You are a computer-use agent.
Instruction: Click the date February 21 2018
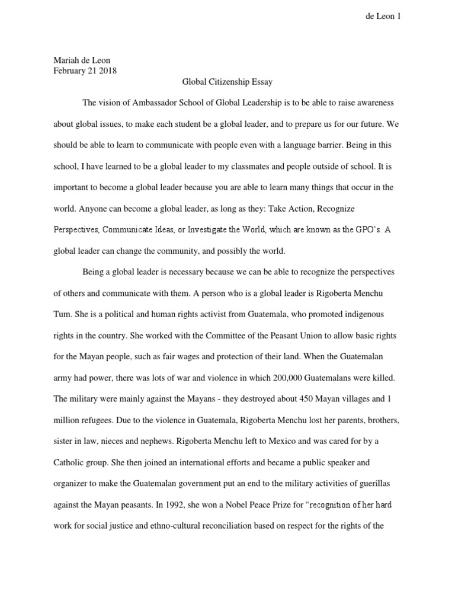pos(85,71)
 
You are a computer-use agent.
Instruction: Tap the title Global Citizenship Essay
pos(227,82)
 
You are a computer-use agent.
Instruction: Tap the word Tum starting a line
pos(62,315)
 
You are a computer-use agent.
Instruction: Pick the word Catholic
pos(70,462)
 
